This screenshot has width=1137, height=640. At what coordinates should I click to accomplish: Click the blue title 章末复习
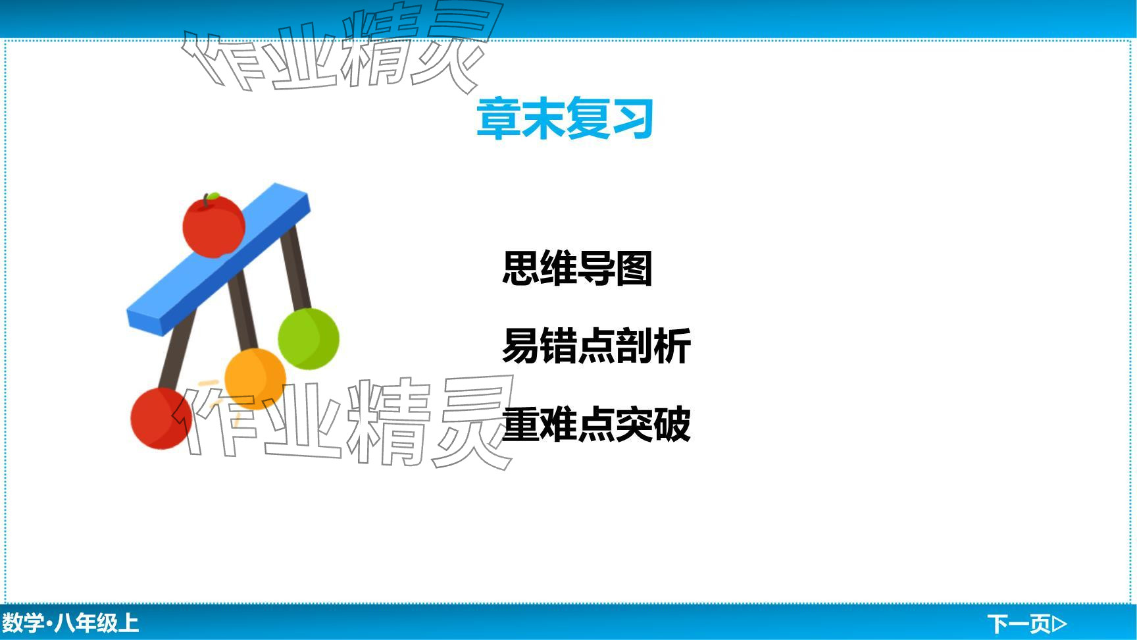(565, 119)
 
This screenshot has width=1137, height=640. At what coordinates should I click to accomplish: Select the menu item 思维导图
(577, 268)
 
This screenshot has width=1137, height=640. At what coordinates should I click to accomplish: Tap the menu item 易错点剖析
(596, 346)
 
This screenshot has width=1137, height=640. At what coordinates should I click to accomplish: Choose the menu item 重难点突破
(596, 423)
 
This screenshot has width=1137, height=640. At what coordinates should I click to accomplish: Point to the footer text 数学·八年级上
(70, 623)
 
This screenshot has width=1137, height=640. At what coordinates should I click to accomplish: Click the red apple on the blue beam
(214, 225)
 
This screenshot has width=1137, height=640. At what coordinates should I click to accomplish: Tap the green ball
(309, 338)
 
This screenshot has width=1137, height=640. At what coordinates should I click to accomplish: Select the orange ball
(255, 379)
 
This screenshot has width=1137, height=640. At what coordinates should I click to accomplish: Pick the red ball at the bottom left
(161, 418)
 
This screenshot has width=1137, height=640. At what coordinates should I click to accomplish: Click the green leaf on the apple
(213, 196)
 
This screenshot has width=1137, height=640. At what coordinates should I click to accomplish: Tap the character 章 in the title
(498, 119)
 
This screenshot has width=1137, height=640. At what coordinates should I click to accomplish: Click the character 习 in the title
(632, 119)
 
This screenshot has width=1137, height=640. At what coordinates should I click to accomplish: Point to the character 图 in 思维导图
(634, 268)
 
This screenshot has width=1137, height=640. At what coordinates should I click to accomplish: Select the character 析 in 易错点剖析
(672, 346)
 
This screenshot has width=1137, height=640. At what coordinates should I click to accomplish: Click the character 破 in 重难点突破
(672, 423)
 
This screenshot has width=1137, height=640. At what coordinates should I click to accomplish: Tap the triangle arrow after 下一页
(1060, 623)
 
